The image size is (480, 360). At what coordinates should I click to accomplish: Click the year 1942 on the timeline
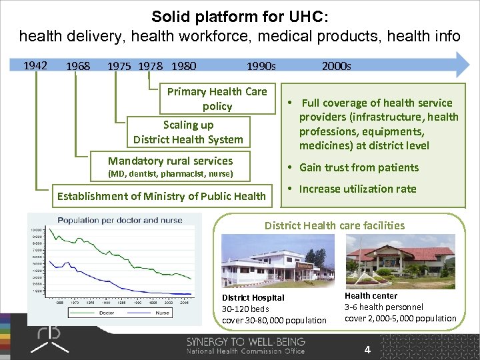tap(35, 65)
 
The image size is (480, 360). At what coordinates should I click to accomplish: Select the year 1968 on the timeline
tap(78, 66)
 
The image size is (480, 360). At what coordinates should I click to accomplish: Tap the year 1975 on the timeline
tap(119, 66)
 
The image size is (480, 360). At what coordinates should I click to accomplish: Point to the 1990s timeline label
tap(261, 66)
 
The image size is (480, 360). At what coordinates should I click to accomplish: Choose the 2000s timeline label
tap(336, 66)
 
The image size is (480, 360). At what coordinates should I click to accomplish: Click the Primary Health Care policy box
tap(217, 99)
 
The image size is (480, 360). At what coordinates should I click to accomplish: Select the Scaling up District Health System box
tap(188, 132)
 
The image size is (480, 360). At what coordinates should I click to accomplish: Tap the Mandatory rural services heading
tap(171, 161)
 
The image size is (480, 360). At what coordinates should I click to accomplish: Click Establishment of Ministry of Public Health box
tap(161, 195)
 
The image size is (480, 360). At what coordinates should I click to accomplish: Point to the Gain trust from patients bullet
tap(359, 167)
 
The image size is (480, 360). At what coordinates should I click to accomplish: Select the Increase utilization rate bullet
tap(357, 189)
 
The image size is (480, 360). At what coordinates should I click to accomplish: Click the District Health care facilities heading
tap(334, 225)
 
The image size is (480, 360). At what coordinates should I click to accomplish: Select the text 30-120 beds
tap(243, 309)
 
